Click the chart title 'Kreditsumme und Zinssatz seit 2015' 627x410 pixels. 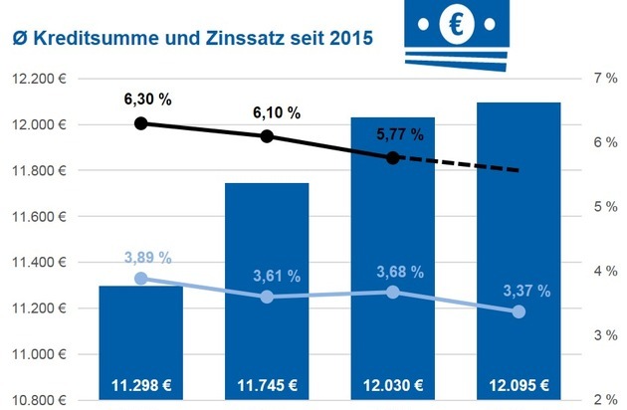tap(193, 40)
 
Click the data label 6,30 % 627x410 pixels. tap(144, 101)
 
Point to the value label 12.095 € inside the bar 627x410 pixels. tap(518, 386)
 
